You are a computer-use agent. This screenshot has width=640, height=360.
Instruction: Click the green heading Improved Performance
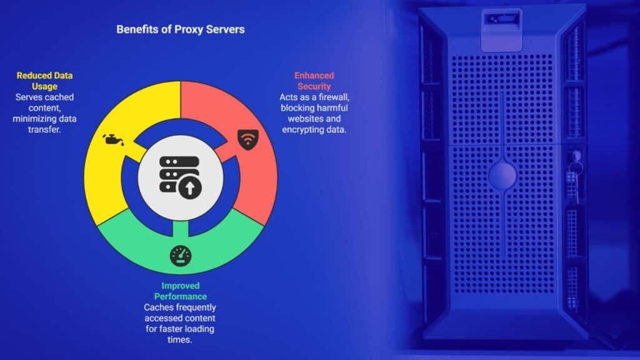pos(181,291)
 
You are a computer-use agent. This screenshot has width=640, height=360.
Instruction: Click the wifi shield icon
pos(248,137)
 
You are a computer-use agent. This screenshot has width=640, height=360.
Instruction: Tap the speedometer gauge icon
pos(179,255)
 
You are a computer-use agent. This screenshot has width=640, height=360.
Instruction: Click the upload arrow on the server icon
pos(188,187)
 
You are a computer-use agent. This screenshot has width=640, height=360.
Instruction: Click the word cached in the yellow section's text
pos(59,97)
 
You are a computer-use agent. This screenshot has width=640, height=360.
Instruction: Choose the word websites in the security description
pos(302,119)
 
